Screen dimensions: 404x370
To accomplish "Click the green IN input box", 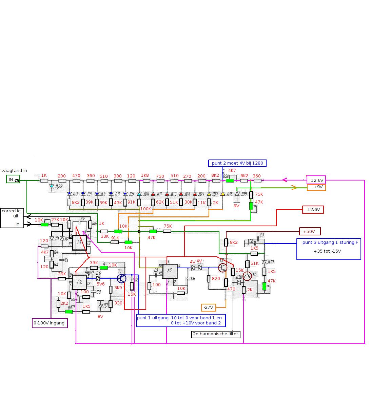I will point(13,179).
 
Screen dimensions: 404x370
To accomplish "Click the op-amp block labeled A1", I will point(79,242).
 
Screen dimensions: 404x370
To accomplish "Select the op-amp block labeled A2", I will point(79,282).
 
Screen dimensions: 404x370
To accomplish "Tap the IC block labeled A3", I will point(170,272).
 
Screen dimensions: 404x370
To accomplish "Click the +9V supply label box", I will point(316,187).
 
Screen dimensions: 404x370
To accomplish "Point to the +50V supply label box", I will point(310,232).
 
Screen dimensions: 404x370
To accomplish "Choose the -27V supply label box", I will point(209,307).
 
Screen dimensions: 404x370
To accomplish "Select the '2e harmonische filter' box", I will point(216,334).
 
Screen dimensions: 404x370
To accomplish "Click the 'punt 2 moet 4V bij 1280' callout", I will point(237,163).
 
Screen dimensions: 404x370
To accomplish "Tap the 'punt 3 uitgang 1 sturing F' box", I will point(328,249).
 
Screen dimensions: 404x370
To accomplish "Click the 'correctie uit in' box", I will point(12,218).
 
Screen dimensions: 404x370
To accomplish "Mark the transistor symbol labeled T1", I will point(122,278).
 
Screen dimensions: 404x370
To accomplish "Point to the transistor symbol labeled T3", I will point(248,276).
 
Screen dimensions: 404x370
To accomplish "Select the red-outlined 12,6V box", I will point(313,210).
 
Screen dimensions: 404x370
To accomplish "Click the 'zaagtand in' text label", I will point(15,171).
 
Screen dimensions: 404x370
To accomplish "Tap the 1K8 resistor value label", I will point(145,175).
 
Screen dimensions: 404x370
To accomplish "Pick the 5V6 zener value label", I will point(101,284).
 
